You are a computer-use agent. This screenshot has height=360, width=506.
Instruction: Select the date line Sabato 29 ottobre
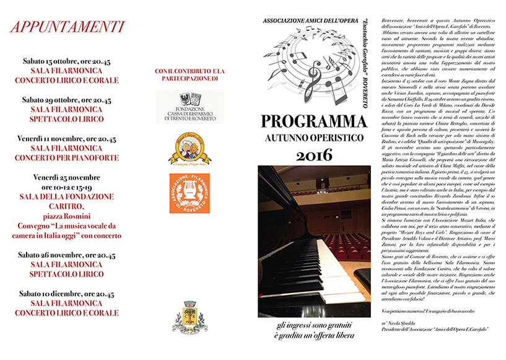[68, 100]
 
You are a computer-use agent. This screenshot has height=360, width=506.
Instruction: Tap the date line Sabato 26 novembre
[68, 255]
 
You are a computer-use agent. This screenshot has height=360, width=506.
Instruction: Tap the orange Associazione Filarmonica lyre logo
[190, 193]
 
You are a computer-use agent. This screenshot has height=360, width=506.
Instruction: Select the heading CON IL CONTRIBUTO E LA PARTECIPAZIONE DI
[190, 75]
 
